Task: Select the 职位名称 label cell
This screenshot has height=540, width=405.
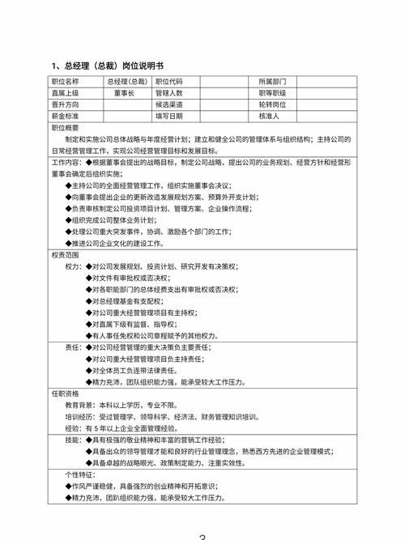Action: (x=66, y=82)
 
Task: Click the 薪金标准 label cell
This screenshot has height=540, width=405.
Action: (x=66, y=116)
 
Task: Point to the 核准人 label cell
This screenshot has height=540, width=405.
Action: (x=270, y=116)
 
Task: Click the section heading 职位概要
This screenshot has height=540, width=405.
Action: (x=66, y=128)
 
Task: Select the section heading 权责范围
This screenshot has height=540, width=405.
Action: (x=66, y=254)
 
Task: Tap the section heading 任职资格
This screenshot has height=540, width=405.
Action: (x=66, y=393)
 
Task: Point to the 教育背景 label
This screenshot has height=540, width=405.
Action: (x=79, y=405)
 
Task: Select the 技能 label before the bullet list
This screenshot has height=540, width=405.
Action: (x=73, y=439)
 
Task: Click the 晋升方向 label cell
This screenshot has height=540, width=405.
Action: (x=66, y=104)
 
